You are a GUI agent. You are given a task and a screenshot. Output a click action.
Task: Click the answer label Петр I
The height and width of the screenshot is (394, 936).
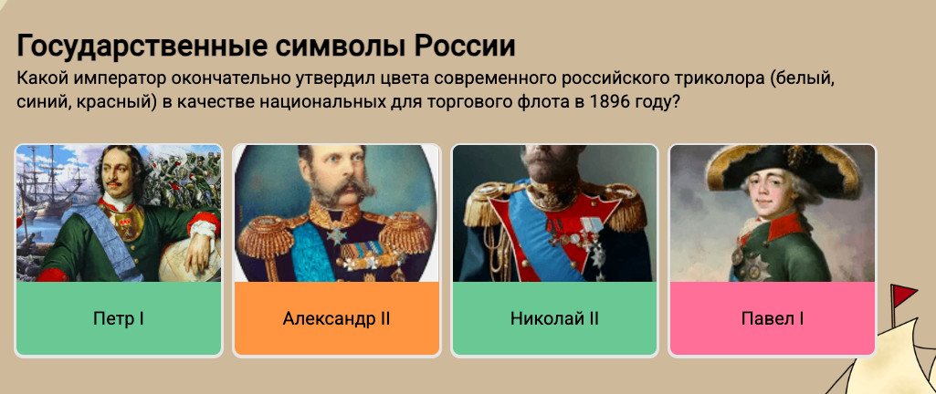click(118, 319)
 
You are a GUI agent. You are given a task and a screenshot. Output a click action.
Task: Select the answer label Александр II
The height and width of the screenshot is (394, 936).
click(336, 319)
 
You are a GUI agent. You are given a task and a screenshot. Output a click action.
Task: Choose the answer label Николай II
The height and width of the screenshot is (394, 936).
click(554, 319)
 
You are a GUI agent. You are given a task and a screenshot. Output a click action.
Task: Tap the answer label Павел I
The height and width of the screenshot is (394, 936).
click(772, 319)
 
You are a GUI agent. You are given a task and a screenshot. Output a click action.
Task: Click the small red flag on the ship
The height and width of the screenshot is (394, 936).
click(902, 293)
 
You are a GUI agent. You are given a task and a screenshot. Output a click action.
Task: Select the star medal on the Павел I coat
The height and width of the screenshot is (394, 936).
click(754, 266)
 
